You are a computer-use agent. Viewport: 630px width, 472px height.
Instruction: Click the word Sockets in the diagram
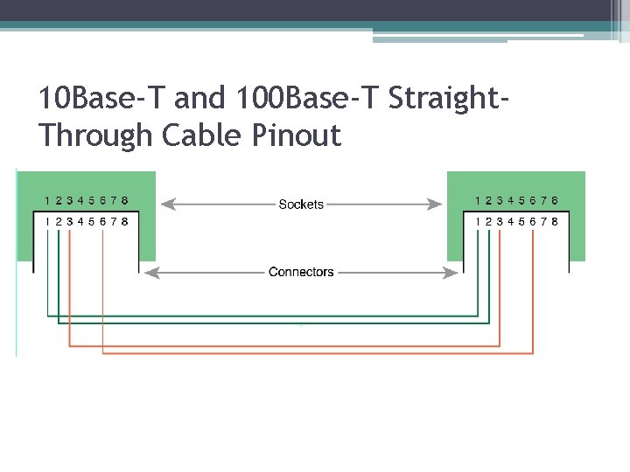[301, 205]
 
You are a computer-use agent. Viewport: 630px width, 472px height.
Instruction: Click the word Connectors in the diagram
[301, 273]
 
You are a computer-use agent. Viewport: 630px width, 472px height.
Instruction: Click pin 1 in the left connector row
[47, 222]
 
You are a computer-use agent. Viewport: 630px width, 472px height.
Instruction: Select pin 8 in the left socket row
[125, 201]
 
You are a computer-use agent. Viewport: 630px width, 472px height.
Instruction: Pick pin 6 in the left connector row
[103, 222]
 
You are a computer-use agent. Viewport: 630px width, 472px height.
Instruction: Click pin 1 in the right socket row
[478, 201]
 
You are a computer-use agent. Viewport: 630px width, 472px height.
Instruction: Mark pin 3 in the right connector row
[500, 222]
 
